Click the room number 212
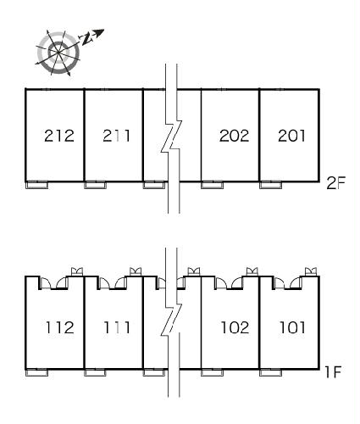59,136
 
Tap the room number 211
116,136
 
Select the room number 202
235,136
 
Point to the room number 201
291,136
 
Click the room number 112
60,327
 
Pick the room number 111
117,327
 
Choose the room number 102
235,327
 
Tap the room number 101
292,327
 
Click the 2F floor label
335,183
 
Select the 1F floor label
334,372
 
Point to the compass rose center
58,53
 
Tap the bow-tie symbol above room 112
77,271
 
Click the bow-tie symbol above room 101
311,271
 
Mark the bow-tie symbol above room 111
136,271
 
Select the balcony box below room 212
36,185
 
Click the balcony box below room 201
270,185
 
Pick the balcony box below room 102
213,373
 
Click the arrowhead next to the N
99,32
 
